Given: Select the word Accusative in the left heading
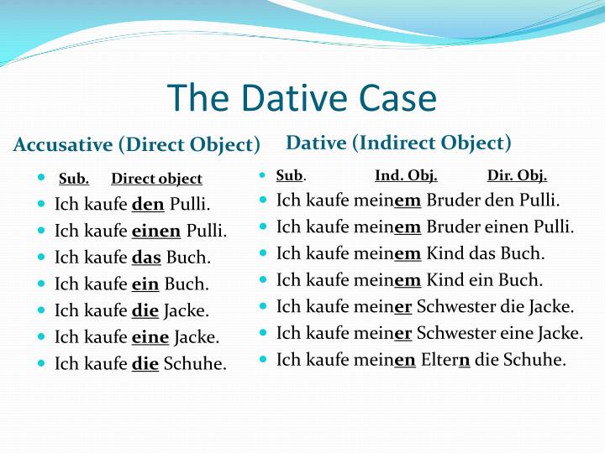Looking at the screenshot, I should coord(63,144).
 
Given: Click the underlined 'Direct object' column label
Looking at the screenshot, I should coord(156,179).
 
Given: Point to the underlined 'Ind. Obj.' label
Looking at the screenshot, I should coord(406,175).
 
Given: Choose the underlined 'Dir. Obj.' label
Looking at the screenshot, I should coord(517,175).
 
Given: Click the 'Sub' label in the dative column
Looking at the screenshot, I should coord(289,175).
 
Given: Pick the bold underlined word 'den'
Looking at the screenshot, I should coord(148,204).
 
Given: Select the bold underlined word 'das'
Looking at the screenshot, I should coord(146,258).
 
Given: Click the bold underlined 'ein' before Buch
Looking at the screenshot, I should coord(145,284).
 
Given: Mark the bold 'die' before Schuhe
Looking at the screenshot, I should coord(145,364).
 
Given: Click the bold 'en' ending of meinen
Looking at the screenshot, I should coord(405,361).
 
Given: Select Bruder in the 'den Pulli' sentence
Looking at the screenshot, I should coord(455,200).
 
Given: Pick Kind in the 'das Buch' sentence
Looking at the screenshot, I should coord(445,253).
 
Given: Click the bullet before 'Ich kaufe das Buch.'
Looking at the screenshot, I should coord(43,257).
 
